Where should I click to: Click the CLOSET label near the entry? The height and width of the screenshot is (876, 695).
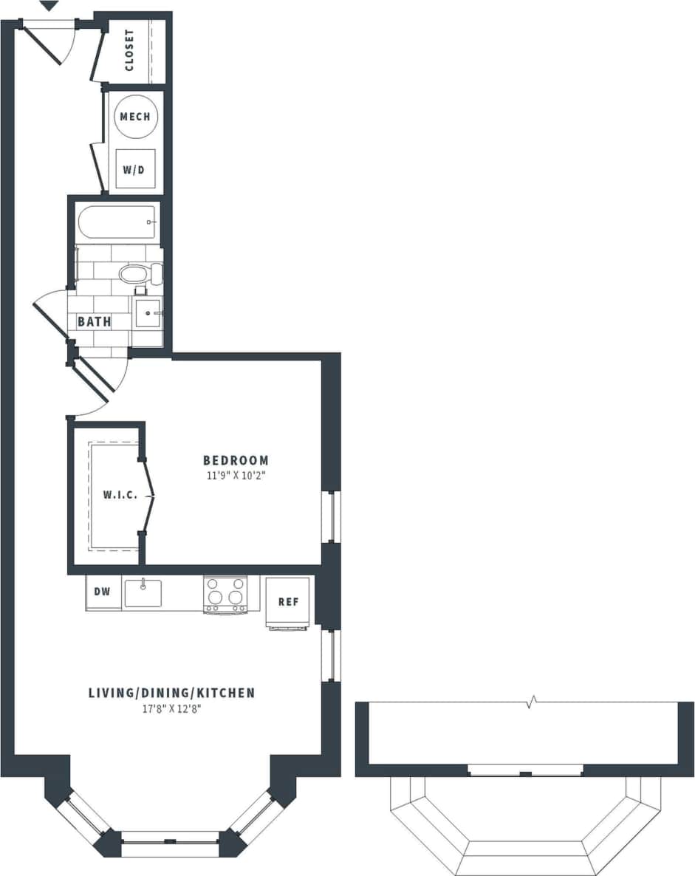[130, 50]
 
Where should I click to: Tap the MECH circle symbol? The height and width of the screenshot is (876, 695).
[135, 117]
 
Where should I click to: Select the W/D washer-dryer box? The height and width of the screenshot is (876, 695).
[134, 170]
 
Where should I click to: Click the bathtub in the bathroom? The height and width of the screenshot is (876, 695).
[117, 222]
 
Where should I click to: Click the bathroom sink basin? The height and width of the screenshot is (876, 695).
[148, 313]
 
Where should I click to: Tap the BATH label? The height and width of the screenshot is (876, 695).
[95, 321]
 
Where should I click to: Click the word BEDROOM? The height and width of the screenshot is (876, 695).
[236, 460]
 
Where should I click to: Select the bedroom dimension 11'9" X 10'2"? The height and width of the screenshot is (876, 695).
[236, 476]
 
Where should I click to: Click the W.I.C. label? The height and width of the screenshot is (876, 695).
[120, 495]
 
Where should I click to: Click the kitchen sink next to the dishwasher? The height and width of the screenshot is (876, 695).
[143, 592]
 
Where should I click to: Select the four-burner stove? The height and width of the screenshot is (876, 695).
[225, 593]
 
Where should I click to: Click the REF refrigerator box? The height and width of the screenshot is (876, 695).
[288, 601]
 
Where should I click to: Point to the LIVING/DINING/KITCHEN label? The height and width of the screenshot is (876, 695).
[171, 693]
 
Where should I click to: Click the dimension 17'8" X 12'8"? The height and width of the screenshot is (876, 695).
[171, 709]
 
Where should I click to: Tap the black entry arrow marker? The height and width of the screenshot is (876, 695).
[48, 6]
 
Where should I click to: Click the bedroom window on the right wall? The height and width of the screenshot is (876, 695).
[331, 516]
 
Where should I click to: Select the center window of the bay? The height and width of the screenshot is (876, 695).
[170, 840]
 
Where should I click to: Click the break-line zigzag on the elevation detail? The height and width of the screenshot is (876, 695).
[530, 702]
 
